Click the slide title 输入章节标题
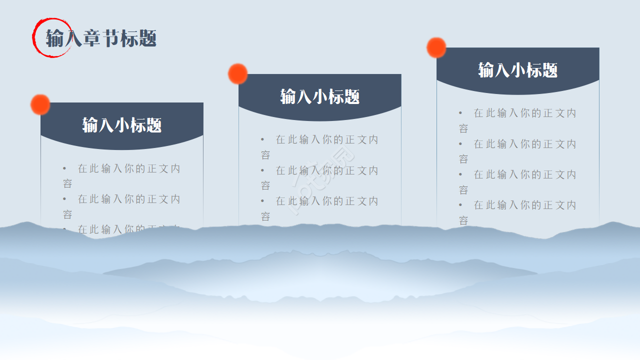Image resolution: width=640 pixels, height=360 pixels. pos(101,38)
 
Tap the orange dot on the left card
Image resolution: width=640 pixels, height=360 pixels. pos(40,104)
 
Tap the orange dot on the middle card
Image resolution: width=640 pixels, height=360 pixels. pos(238,74)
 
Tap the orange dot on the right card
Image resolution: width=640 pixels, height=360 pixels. pos(436,47)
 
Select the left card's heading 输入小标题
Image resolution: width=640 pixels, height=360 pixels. pos(122,125)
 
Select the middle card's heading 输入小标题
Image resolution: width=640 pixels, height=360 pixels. pos(320,96)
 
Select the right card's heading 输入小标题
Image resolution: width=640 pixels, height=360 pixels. pos(518,70)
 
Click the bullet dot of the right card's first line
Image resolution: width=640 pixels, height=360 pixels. pos(460,113)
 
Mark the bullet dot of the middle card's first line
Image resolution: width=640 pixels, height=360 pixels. pos(262,140)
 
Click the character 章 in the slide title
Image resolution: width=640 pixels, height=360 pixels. pos(92,38)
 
